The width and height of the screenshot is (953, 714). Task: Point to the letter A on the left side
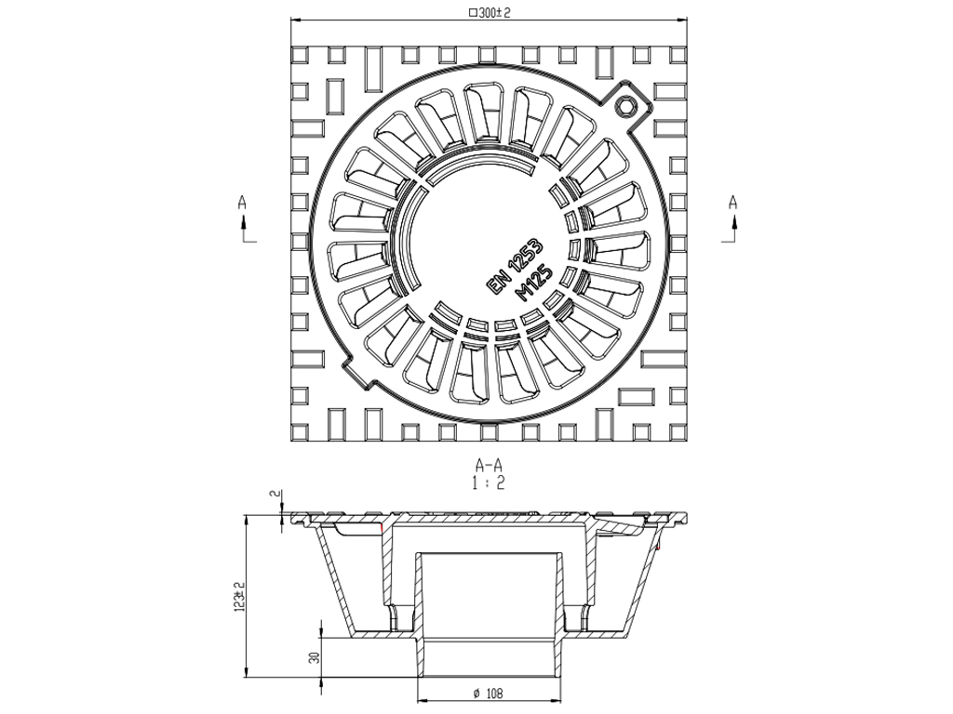(x=243, y=201)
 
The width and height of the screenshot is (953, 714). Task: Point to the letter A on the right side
(x=732, y=201)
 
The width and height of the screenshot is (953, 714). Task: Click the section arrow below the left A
(x=244, y=223)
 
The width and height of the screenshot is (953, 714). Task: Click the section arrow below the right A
(x=732, y=223)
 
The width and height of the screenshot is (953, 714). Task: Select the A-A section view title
(x=489, y=464)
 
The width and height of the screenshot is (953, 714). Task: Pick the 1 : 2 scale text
(x=489, y=482)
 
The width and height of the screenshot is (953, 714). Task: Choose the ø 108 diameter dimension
(x=489, y=693)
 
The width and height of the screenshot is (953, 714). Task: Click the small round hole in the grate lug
(x=627, y=102)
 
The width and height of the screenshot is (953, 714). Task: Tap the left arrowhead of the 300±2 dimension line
(x=295, y=20)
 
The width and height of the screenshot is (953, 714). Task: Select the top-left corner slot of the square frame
(x=301, y=55)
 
